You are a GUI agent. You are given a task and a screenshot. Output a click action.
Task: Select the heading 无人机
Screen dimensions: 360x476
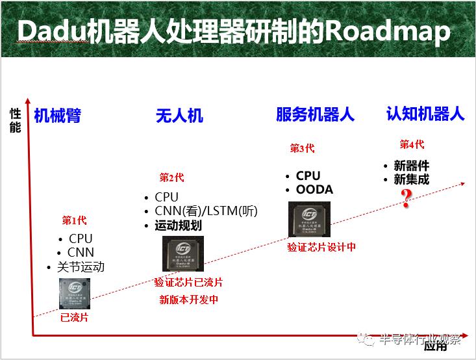pyautogui.click(x=179, y=116)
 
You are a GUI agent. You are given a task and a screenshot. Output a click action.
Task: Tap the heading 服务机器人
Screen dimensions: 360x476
pyautogui.click(x=315, y=115)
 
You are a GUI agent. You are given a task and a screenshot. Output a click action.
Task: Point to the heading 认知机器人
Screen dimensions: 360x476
pyautogui.click(x=425, y=114)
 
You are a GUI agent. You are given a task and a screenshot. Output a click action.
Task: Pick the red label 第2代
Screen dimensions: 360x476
pyautogui.click(x=171, y=177)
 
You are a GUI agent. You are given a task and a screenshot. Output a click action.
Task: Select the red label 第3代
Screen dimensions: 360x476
pyautogui.click(x=302, y=149)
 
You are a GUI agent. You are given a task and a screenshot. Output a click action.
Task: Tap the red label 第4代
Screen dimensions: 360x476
pyautogui.click(x=412, y=144)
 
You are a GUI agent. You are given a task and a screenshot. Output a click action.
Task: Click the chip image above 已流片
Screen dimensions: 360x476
pyautogui.click(x=74, y=294)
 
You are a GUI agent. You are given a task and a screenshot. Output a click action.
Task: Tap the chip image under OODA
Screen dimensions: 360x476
pyautogui.click(x=309, y=220)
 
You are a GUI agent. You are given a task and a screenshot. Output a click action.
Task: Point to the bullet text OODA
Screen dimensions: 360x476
pyautogui.click(x=314, y=190)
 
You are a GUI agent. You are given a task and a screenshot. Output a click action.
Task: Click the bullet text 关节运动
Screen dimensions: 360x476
pyautogui.click(x=79, y=267)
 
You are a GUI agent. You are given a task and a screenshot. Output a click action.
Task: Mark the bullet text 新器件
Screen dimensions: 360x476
pyautogui.click(x=411, y=166)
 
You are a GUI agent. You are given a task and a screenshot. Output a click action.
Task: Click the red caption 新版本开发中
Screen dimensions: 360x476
pyautogui.click(x=189, y=300)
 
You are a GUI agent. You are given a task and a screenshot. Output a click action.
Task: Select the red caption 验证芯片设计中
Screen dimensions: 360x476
pyautogui.click(x=321, y=247)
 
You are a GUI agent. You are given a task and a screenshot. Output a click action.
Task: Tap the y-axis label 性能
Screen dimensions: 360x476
pyautogui.click(x=15, y=121)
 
